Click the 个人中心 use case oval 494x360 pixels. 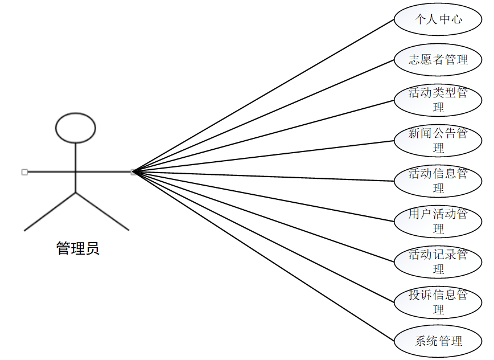click(438, 19)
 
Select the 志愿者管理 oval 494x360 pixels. click(438, 59)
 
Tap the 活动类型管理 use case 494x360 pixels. click(438, 100)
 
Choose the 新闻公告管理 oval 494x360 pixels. click(438, 140)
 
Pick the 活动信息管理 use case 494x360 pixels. click(438, 181)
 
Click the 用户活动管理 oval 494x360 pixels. click(438, 221)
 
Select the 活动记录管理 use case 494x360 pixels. click(438, 261)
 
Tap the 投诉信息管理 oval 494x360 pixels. click(438, 302)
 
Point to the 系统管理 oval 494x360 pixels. click(438, 341)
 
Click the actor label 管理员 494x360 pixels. click(77, 248)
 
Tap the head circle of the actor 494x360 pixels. click(76, 128)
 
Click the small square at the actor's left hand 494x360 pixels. click(24, 171)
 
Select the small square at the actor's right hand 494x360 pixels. click(133, 171)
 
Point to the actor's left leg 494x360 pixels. click(50, 211)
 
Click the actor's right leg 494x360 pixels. click(102, 211)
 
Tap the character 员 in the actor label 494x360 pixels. click(93, 248)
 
